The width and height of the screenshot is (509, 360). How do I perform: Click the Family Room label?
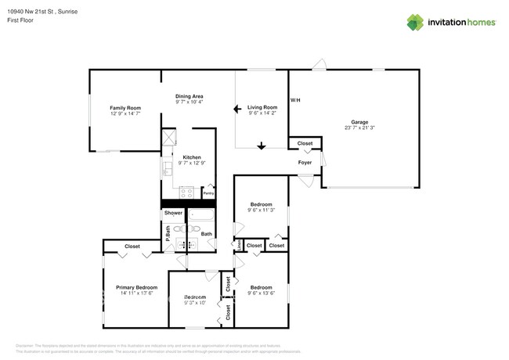tap(125, 107)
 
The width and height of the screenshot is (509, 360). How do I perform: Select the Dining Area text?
tap(189, 95)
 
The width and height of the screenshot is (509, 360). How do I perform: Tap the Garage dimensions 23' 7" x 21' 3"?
tap(359, 128)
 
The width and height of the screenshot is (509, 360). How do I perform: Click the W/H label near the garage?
tap(295, 100)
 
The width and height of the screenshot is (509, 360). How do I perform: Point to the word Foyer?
tap(305, 162)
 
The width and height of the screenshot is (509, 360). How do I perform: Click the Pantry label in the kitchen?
tap(208, 192)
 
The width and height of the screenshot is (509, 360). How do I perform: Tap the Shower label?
tap(173, 213)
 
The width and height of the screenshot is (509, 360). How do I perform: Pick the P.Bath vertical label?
tap(167, 232)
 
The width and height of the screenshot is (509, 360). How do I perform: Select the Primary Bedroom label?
tap(136, 287)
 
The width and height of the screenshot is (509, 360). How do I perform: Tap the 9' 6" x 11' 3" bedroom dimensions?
tap(261, 210)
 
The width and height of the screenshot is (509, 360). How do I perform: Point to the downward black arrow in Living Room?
tap(262, 145)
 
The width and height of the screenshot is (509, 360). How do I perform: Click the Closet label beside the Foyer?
tap(305, 143)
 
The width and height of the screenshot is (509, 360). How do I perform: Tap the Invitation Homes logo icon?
tap(415, 23)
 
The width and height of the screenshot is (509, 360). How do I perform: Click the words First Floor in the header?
tap(21, 21)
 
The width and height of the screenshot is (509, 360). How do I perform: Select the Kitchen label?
tap(191, 157)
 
